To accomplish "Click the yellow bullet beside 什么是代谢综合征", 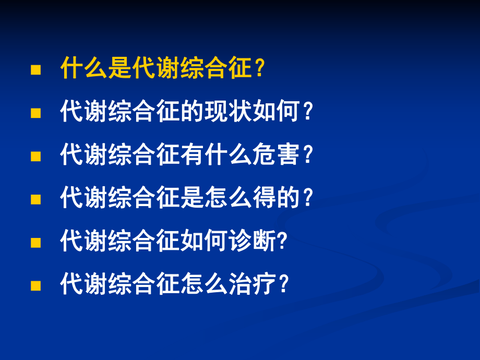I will coord(35,70).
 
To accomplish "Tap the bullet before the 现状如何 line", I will coord(35,113).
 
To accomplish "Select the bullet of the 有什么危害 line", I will coord(35,156).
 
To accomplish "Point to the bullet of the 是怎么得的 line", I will coord(35,199).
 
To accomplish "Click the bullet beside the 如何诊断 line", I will coord(35,242).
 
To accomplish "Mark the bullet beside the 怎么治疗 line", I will coord(35,285).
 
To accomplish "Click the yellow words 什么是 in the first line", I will coord(96,69).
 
